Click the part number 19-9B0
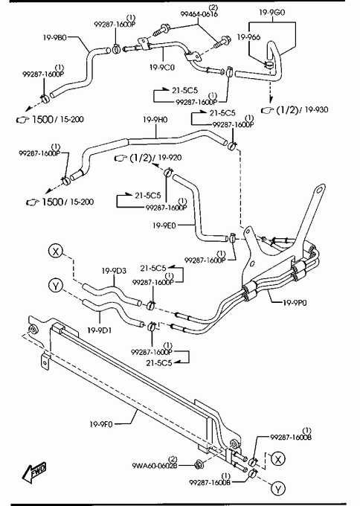coord(55,37)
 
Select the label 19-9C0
coord(162,68)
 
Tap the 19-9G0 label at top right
coord(272,13)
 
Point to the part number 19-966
coord(248,37)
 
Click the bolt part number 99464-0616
coord(199,14)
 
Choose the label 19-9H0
coord(155,120)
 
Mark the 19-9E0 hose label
coord(164,225)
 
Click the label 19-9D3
coord(115,271)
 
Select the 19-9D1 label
coord(100,330)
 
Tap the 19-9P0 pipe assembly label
coord(295,303)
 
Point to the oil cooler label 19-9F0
coord(101,424)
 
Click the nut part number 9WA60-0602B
coord(155,466)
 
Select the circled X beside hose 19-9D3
coord(56,251)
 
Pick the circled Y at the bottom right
coord(278,489)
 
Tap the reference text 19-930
coord(316,109)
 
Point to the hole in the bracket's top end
coord(319,190)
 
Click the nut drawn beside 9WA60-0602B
coord(199,465)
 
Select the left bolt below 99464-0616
coord(161,31)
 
